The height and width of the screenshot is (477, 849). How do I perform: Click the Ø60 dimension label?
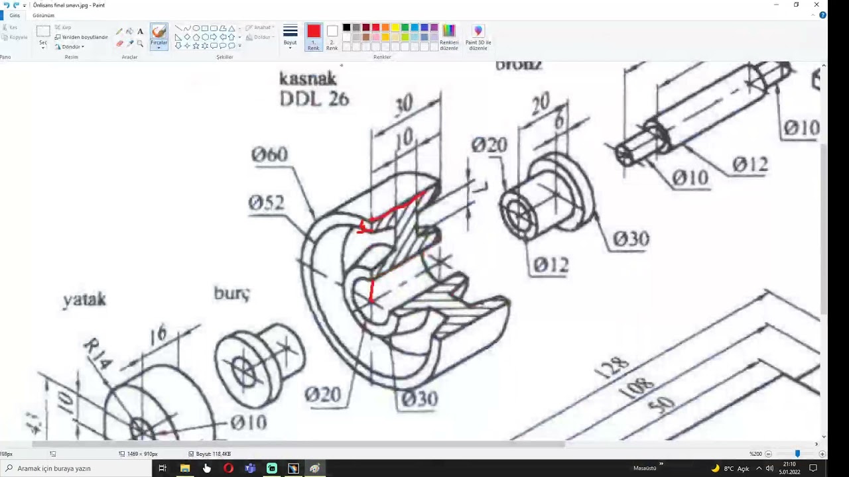click(x=269, y=154)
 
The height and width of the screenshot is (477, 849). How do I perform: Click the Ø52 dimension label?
click(x=266, y=203)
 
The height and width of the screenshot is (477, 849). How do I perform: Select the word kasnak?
click(x=308, y=78)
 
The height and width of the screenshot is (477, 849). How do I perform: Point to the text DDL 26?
click(x=314, y=99)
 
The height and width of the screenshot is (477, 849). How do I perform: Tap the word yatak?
click(x=84, y=299)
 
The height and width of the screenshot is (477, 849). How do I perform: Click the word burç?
click(x=231, y=293)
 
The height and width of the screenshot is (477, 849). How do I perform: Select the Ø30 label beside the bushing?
click(x=630, y=238)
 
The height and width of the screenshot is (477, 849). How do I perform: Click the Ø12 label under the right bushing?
click(x=551, y=265)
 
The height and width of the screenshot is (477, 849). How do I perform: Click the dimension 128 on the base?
click(x=612, y=368)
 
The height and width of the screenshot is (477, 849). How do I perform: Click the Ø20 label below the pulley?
click(x=322, y=395)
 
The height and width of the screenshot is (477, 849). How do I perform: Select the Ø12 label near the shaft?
click(x=750, y=164)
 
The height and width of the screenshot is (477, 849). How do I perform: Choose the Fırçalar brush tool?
click(x=159, y=36)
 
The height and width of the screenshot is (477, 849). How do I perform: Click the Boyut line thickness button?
click(x=291, y=36)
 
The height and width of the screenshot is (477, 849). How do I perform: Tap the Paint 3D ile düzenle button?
click(x=478, y=37)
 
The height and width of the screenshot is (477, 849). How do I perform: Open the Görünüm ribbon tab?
click(x=43, y=15)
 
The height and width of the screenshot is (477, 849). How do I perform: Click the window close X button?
click(x=816, y=5)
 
